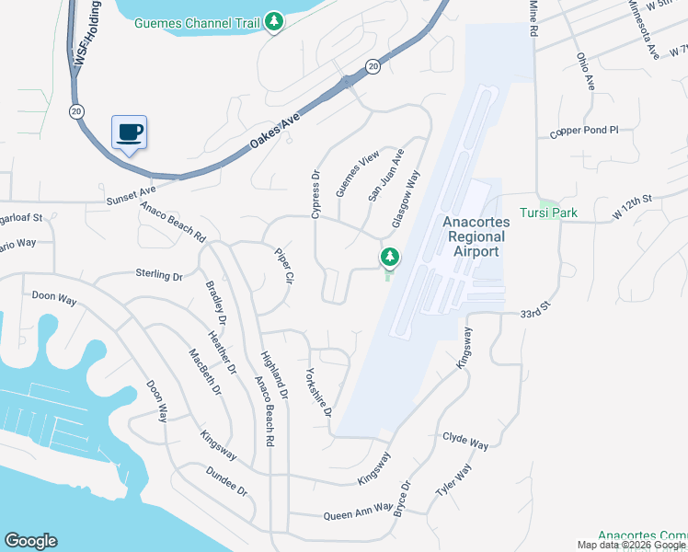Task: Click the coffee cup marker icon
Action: point(129,132)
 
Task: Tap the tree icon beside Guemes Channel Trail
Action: point(273,21)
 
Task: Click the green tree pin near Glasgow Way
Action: point(389,258)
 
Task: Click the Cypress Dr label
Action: point(315,193)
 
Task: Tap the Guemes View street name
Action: point(357,174)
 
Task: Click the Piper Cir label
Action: point(283,264)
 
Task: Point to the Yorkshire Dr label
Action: point(318,393)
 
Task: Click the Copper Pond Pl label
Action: point(584,132)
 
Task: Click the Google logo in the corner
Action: point(30,541)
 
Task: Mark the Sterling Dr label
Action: point(160,275)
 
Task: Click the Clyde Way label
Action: point(465,443)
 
